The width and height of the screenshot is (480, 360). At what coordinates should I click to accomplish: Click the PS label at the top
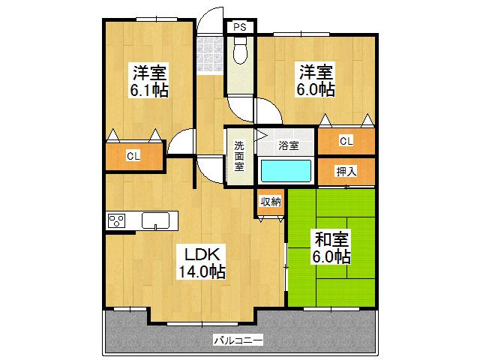pos(240,27)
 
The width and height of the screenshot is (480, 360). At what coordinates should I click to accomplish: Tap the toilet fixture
pos(241,50)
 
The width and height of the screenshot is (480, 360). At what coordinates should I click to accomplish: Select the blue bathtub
pos(286,172)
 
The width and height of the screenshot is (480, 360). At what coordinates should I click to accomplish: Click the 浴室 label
pos(288,145)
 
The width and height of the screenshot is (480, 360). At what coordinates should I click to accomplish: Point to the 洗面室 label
pos(239,155)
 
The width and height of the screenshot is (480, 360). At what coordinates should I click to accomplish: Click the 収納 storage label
pos(271,202)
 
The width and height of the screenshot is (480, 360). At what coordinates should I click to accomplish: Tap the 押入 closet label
pos(346,172)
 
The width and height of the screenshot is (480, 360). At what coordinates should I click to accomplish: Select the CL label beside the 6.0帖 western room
pos(346,141)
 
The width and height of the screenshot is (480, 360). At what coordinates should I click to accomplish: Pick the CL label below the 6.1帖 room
pos(133,156)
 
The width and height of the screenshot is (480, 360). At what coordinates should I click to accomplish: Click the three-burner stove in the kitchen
pos(117,220)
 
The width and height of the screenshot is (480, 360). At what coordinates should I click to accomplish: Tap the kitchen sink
pos(155,220)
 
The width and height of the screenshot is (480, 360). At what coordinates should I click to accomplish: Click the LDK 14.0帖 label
pos(202,262)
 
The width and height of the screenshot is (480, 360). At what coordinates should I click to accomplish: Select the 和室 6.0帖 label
pos(331,247)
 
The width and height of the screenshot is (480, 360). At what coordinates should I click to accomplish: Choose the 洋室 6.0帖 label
pos(316,80)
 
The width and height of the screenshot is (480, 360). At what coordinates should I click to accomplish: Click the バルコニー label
pos(238,340)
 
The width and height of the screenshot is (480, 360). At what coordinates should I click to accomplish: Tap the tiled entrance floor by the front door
pos(210,55)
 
